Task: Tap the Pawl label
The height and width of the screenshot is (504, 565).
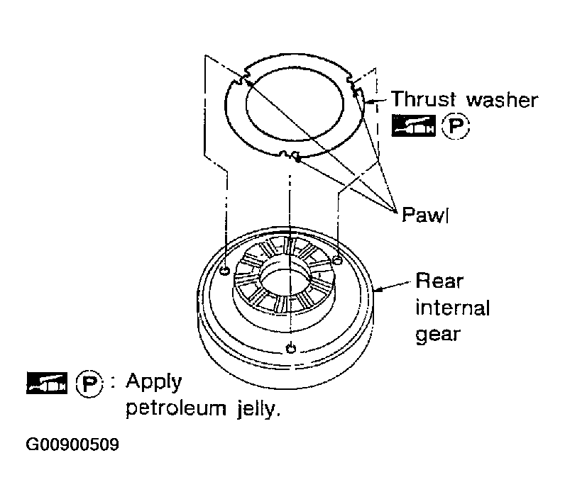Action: pos(425,215)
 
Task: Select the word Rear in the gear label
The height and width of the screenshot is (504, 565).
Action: pos(439,281)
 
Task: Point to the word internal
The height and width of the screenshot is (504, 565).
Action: pos(453,308)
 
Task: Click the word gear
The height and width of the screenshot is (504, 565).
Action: pos(438,335)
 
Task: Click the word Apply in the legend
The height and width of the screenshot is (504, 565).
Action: pos(154,382)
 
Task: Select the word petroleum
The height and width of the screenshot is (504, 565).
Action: pos(176,408)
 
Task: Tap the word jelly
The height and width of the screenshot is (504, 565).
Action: pos(258,409)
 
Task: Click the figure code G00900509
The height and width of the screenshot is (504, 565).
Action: pos(72,444)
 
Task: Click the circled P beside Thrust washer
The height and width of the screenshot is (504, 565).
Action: pos(456,126)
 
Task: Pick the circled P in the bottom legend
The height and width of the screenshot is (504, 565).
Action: pos(89,383)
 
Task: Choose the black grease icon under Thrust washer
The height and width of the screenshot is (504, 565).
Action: pos(413,126)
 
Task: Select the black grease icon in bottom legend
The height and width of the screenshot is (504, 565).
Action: pos(47,383)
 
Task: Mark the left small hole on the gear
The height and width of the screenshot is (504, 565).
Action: pos(224,271)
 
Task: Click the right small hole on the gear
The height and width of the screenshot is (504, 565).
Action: pos(337,260)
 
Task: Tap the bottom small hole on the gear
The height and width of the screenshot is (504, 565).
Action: pos(291,348)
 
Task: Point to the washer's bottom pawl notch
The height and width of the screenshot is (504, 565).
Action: pos(290,155)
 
